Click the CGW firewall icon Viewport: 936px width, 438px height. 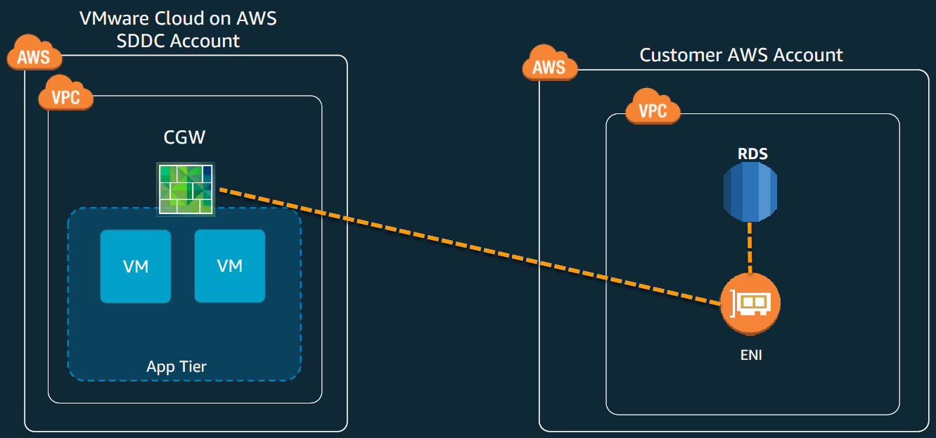click(186, 188)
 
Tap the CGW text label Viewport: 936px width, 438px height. click(184, 137)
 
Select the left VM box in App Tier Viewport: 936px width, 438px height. click(136, 266)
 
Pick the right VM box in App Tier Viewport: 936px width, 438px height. click(230, 266)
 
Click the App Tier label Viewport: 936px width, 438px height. click(177, 366)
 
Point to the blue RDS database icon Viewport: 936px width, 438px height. click(750, 192)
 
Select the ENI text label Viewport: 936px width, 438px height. click(751, 356)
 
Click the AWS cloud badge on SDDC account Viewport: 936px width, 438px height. click(34, 55)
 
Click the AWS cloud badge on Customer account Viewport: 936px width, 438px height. click(549, 65)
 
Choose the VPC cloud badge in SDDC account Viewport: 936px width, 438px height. click(66, 96)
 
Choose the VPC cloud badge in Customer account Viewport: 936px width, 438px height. click(653, 109)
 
